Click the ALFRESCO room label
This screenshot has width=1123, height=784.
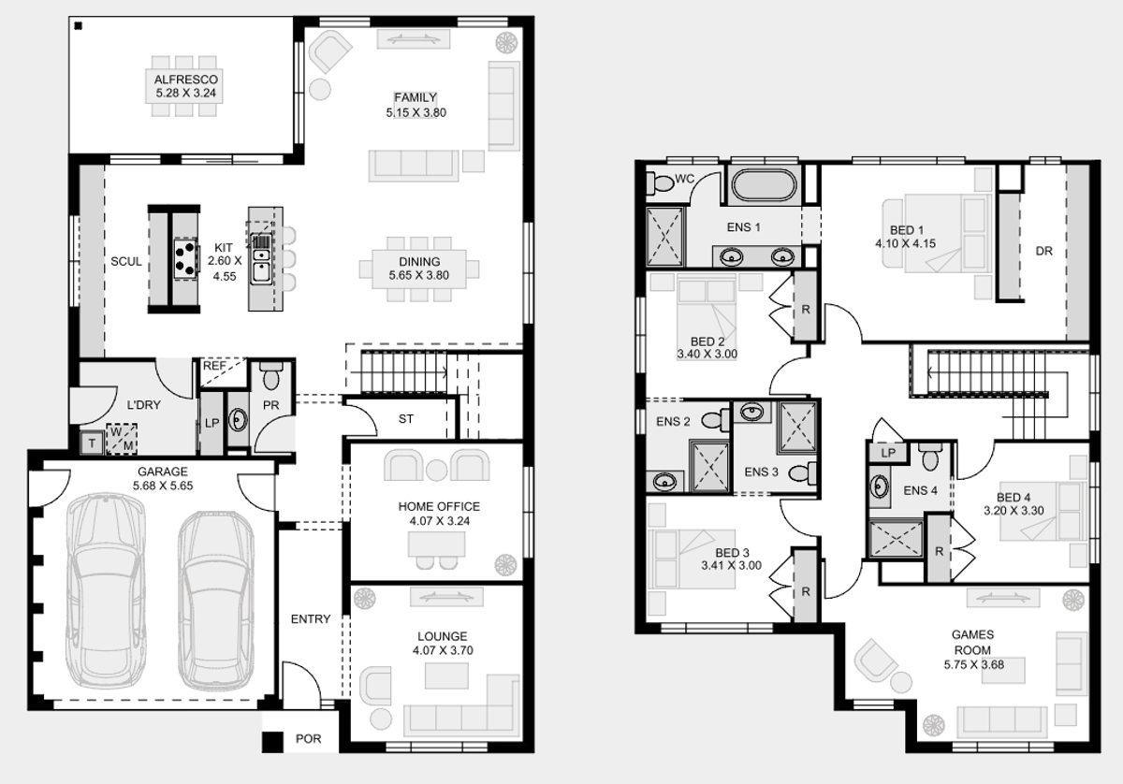point(186,80)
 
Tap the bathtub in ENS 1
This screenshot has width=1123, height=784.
point(764,185)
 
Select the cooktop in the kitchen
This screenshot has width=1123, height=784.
point(185,258)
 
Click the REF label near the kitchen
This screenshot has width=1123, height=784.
point(214,366)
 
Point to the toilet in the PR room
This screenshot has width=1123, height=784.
point(271,375)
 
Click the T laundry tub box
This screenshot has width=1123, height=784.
point(92,443)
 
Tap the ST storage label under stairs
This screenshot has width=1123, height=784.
point(406,418)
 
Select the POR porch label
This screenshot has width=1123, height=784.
point(308,738)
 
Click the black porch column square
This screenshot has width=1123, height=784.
point(273,742)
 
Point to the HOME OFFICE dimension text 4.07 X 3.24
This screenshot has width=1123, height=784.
point(439,521)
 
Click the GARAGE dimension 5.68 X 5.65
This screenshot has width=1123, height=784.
point(163,486)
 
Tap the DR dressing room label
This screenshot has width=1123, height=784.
point(1043,251)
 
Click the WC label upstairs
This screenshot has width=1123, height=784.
point(684,179)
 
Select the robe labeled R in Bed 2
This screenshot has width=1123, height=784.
point(806,307)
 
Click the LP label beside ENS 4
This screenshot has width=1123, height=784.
point(888,453)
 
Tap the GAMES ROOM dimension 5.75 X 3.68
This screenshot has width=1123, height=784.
point(973,664)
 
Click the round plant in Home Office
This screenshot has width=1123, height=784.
point(505,564)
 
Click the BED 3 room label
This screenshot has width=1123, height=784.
point(732,552)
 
